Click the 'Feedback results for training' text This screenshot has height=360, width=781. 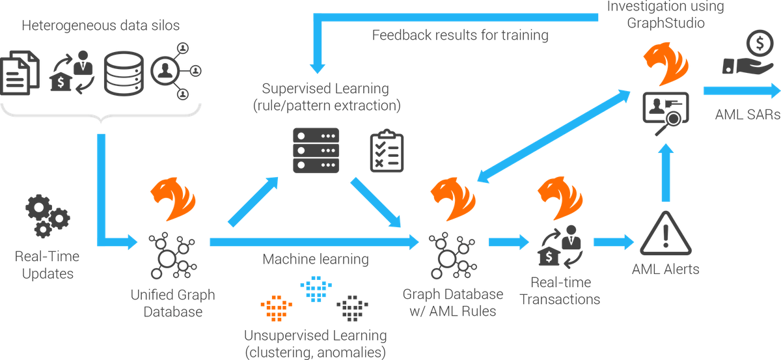point(460,36)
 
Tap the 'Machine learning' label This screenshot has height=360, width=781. point(316,259)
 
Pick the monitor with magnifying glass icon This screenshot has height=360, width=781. point(661,108)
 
